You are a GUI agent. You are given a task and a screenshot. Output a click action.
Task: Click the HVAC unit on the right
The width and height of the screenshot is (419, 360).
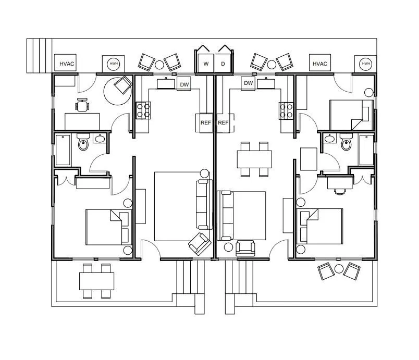320,63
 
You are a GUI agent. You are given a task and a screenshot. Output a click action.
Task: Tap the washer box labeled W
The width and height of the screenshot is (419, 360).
206,64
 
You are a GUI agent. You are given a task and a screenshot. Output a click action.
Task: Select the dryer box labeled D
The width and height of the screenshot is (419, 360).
223,64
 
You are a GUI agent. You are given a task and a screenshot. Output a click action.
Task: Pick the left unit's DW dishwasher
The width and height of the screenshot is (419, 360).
184,84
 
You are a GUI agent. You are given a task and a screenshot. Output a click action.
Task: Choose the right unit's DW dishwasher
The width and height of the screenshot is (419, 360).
249,83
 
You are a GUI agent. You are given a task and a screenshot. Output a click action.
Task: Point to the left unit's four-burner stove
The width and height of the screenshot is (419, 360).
143,110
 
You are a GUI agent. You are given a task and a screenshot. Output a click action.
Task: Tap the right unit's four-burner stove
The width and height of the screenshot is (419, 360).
286,110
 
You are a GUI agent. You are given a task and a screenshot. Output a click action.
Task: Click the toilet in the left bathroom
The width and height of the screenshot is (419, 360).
83,142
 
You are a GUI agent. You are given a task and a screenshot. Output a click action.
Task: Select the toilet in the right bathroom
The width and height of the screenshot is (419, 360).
347,142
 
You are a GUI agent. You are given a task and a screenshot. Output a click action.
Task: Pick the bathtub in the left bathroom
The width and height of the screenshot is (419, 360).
63,150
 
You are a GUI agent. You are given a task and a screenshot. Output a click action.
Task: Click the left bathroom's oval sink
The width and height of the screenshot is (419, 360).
100,139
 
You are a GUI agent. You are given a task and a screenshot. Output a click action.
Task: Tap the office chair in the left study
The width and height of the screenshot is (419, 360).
82,104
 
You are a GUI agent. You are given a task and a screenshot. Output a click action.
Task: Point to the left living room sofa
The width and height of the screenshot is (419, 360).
204,205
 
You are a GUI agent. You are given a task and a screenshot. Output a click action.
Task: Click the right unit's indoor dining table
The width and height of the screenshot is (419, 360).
254,159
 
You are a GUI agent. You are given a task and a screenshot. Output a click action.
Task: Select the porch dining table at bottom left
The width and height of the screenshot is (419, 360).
97,281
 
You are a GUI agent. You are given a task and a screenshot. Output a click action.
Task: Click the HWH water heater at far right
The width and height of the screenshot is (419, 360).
365,64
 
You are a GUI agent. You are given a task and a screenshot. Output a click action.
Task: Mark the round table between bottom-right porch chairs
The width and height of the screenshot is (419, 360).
339,269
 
